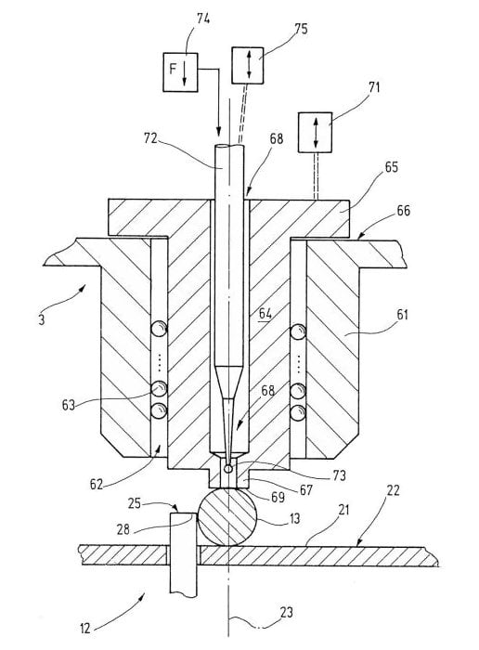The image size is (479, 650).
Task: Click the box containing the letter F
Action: click(x=180, y=72)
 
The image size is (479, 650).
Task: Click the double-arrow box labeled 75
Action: click(x=247, y=66)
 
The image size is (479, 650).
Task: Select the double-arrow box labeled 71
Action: click(x=315, y=132)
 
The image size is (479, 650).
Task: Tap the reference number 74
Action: click(x=203, y=19)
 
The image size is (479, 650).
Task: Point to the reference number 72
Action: click(x=150, y=138)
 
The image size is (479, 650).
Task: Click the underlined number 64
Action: click(x=265, y=314)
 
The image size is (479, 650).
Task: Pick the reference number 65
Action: click(x=391, y=167)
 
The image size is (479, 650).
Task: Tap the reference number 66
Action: click(x=403, y=211)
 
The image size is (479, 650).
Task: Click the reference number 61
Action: click(x=402, y=315)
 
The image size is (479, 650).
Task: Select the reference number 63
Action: click(x=69, y=405)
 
